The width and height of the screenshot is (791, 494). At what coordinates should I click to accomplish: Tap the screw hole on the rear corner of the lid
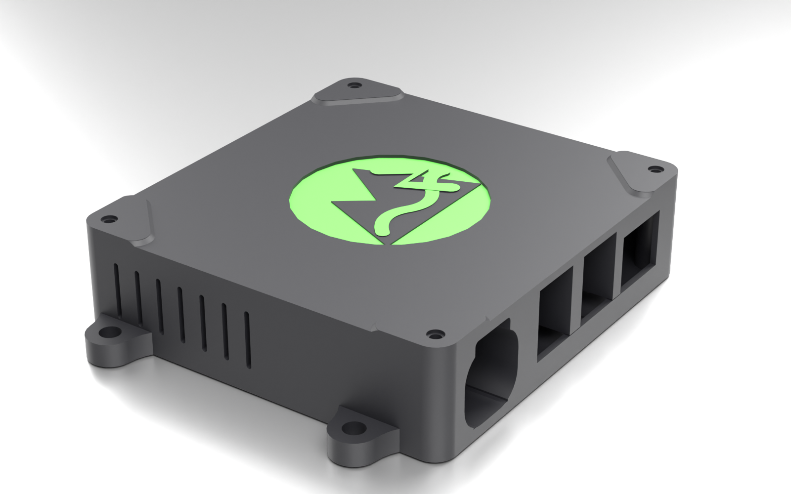click(x=352, y=86)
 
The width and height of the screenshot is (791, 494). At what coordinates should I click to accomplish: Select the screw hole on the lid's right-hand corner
click(x=656, y=169)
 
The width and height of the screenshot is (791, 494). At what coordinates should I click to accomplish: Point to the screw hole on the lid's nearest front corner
click(x=435, y=334)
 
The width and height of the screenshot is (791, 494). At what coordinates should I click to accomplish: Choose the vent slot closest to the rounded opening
click(x=248, y=341)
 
